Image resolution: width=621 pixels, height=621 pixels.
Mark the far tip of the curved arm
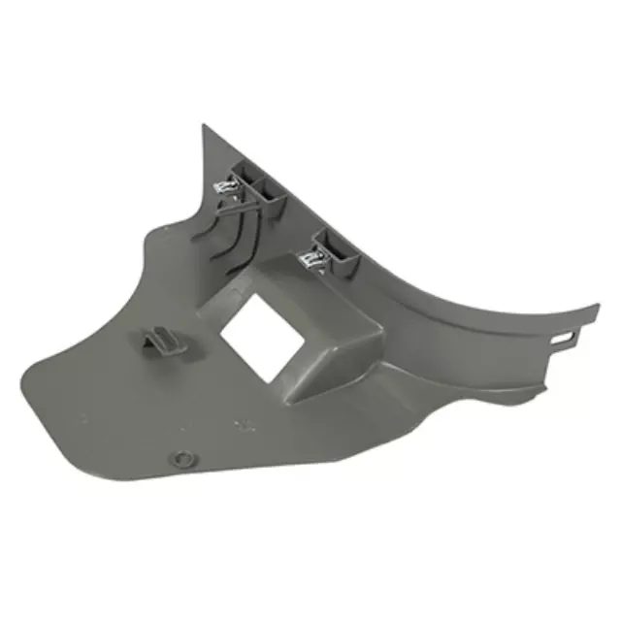(595, 310)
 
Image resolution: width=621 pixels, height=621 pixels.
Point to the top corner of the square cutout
(253, 294)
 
